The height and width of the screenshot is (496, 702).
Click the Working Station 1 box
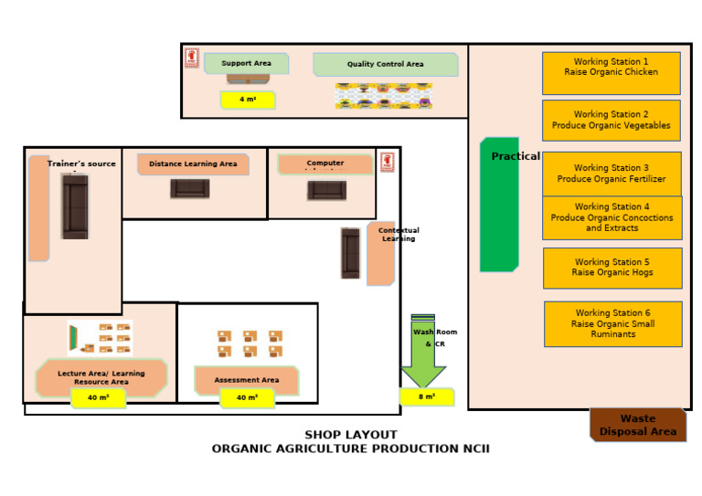pos(611,73)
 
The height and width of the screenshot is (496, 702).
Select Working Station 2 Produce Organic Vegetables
pos(611,121)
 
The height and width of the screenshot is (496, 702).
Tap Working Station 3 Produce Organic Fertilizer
pos(611,173)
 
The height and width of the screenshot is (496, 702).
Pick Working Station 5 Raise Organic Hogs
pos(612,268)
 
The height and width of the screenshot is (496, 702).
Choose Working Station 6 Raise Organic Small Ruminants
pos(612,323)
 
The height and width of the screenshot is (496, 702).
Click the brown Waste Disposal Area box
pos(637,425)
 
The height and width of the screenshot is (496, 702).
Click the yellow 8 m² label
pos(427,397)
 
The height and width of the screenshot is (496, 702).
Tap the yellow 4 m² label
pos(247,100)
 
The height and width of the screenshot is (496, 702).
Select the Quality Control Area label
pos(385,65)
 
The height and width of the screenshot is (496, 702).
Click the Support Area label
pos(246,64)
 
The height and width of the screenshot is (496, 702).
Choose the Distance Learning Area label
pos(193,164)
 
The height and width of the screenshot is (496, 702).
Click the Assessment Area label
pos(247,380)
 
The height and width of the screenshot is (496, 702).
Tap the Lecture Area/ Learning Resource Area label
pos(101,377)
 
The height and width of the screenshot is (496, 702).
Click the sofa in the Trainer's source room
pos(75,206)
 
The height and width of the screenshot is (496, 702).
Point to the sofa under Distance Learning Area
pos(190,188)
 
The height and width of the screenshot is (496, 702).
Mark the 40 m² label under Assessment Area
pos(247,398)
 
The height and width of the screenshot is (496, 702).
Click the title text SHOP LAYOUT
pos(351,435)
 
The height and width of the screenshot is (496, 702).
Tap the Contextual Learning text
pos(399,235)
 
